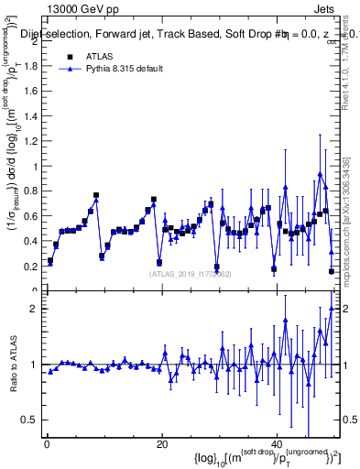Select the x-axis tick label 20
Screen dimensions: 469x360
162,444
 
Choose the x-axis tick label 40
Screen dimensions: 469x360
277,444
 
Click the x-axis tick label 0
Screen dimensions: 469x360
47,444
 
